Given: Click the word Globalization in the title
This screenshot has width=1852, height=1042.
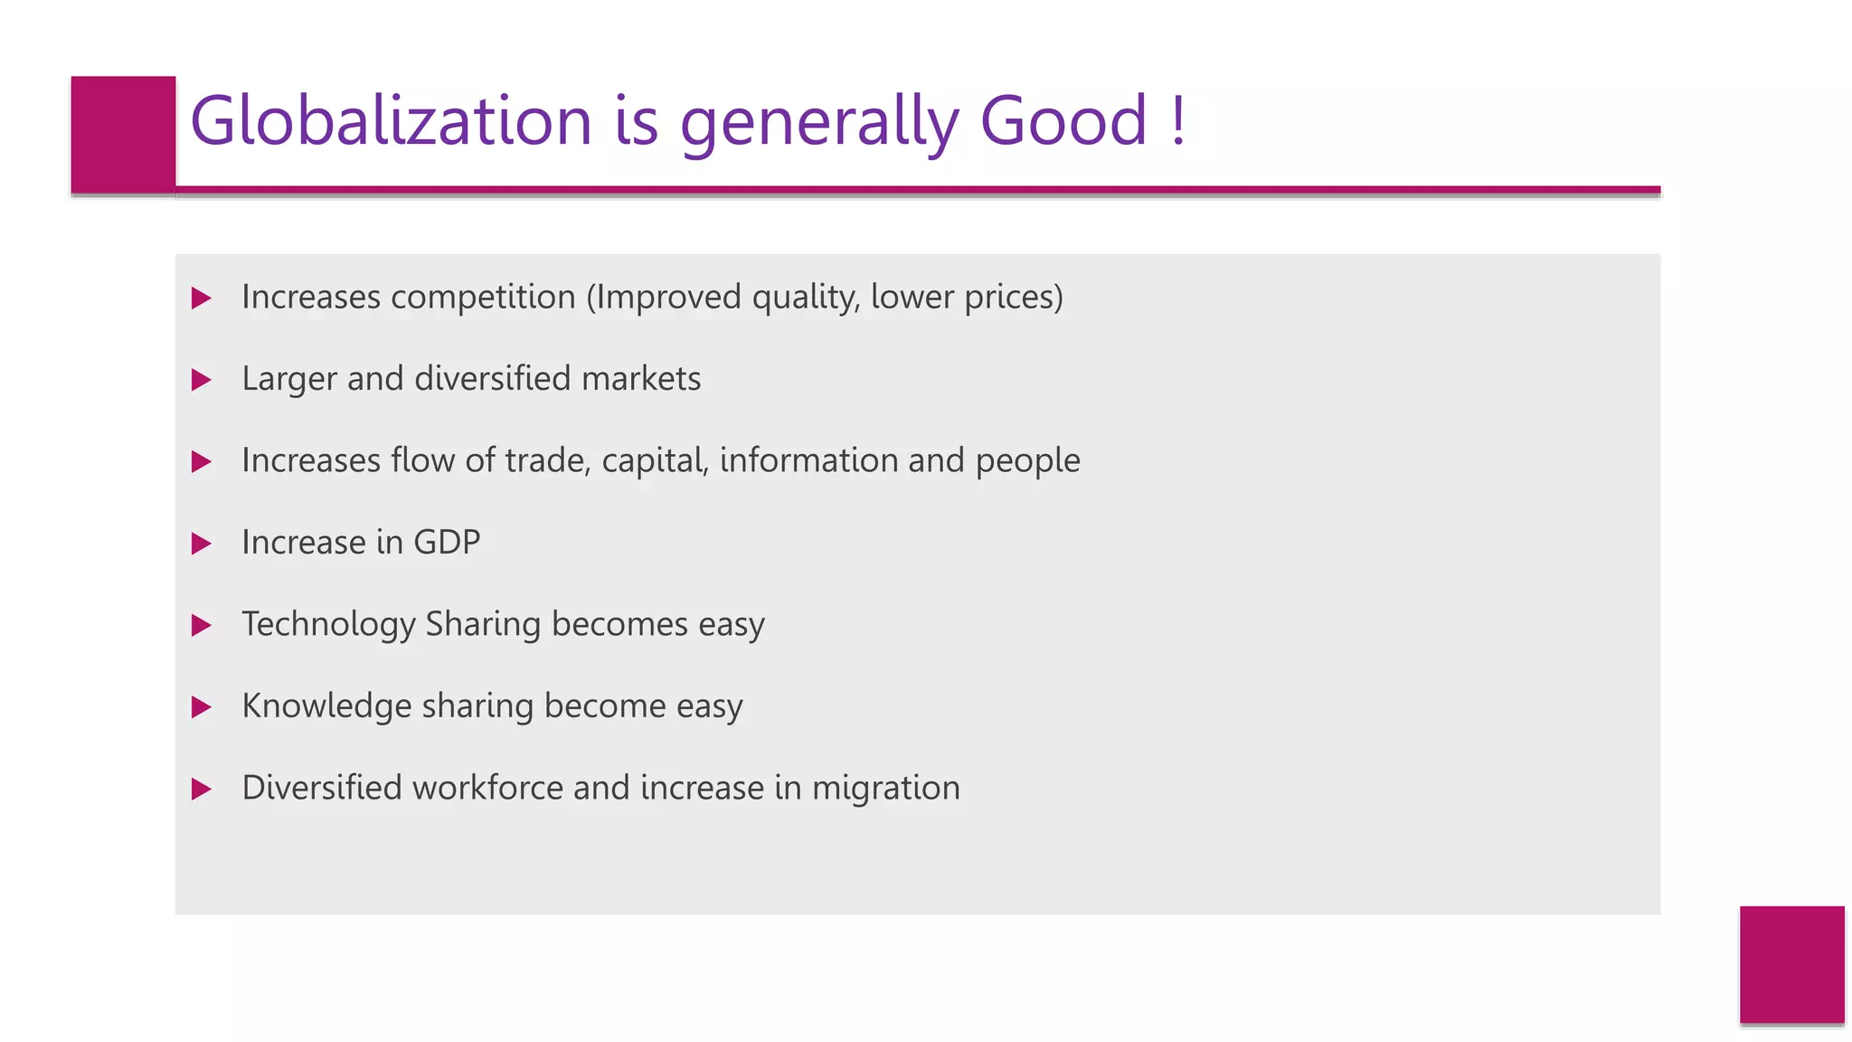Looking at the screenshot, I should [391, 120].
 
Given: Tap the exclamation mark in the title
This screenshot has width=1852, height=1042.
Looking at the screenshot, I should [1176, 120].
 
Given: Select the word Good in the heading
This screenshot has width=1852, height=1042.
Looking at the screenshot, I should [1063, 120].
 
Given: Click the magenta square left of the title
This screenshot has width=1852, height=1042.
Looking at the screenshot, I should [123, 134].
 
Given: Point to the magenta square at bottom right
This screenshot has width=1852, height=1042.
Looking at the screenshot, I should [1791, 964].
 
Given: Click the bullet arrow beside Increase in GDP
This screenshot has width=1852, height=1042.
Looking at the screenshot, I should [202, 544].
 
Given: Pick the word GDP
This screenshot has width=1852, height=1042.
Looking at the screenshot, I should [447, 542].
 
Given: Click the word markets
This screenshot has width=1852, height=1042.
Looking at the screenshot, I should [641, 378].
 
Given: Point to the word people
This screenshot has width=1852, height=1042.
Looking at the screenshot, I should [1027, 461].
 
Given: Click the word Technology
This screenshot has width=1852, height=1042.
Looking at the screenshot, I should [328, 625].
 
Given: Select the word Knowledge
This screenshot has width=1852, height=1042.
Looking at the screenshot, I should [326, 706].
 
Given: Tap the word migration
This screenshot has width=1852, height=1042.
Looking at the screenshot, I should [885, 789].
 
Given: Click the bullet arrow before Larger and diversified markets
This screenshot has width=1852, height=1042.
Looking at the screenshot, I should [202, 380].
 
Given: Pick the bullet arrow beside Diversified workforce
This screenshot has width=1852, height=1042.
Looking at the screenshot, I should [202, 790].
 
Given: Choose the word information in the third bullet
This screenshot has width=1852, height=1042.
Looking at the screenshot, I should [808, 460].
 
